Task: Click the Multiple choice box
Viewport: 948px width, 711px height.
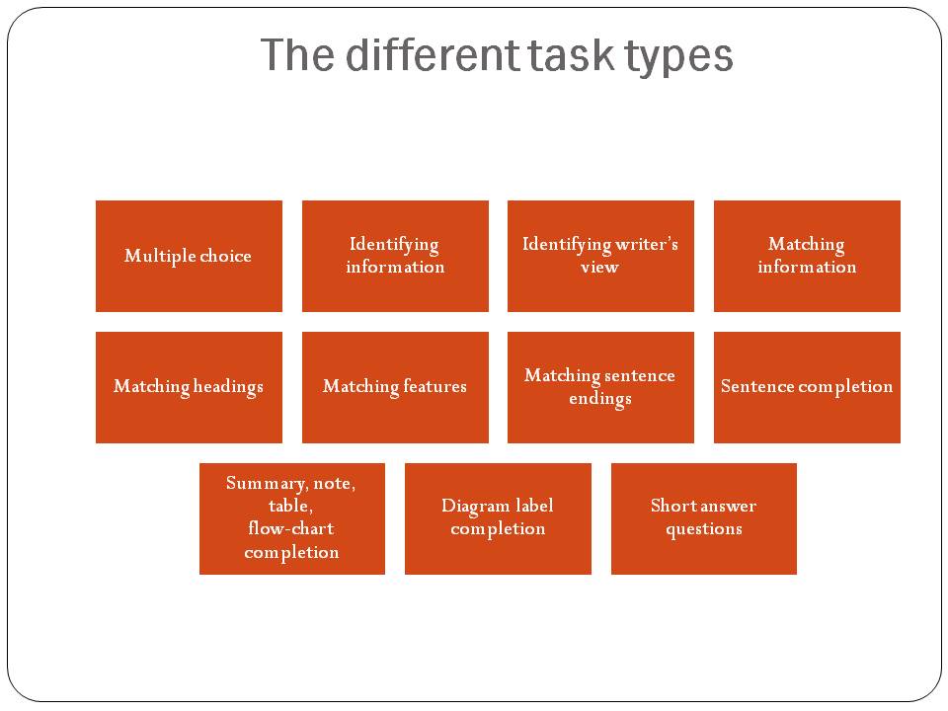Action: (x=189, y=256)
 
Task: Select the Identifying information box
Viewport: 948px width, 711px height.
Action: (x=395, y=256)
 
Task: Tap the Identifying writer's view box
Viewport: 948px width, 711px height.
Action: (x=601, y=256)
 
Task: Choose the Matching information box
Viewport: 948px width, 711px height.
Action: (x=807, y=256)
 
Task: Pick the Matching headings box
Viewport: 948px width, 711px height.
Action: (x=189, y=387)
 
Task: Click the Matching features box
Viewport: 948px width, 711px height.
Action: (x=395, y=387)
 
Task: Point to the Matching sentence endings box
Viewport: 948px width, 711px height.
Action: (x=601, y=387)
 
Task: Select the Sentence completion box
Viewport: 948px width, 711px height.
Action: (x=807, y=387)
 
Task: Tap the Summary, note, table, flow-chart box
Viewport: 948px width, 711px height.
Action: (x=292, y=518)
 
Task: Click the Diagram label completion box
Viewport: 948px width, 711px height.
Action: (x=498, y=518)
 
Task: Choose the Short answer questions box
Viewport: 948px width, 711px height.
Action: (x=704, y=518)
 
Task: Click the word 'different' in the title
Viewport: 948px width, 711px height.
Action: (x=433, y=54)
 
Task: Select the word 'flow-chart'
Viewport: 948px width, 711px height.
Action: (x=291, y=528)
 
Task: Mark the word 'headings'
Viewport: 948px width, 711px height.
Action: (x=228, y=387)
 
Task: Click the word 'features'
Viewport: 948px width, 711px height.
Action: (x=434, y=386)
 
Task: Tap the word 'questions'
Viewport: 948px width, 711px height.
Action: (x=704, y=529)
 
